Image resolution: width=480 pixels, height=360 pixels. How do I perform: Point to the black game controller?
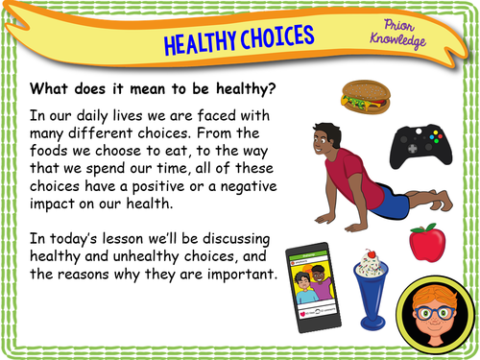click(419, 146)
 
